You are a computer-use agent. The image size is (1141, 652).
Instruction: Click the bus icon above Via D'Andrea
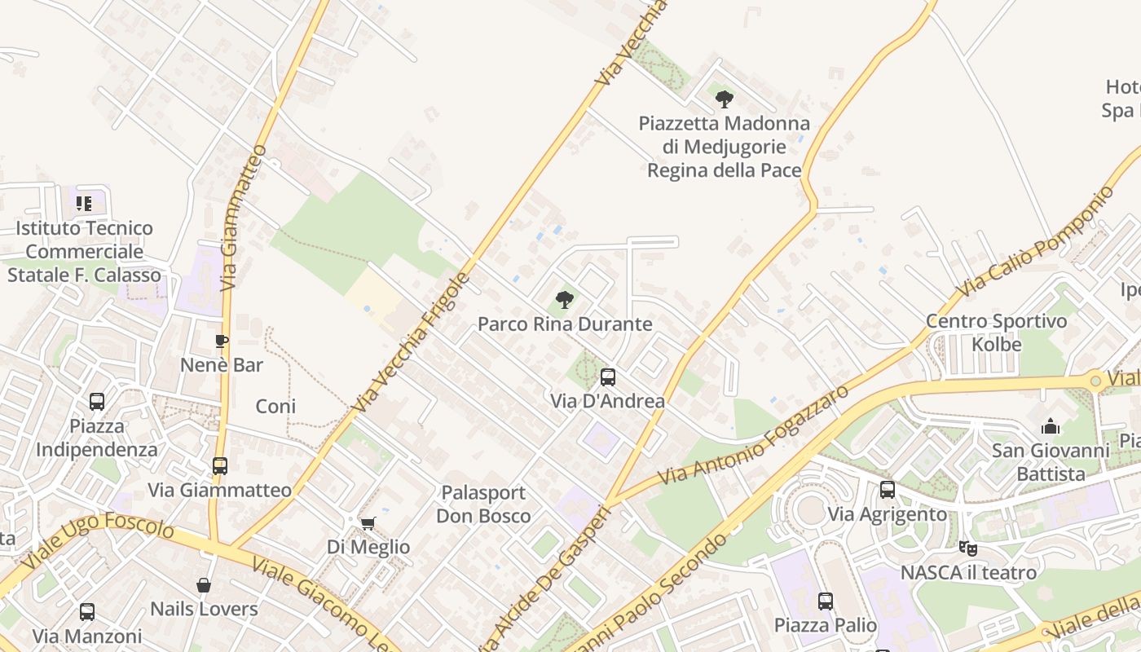[x=608, y=377]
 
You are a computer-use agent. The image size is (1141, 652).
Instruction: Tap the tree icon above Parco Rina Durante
[x=564, y=300]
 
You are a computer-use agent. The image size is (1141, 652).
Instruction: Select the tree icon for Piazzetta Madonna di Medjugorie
[x=724, y=99]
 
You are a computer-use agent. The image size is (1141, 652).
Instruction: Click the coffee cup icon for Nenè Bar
[x=221, y=341]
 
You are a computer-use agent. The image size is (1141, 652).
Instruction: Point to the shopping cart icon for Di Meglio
[x=368, y=522]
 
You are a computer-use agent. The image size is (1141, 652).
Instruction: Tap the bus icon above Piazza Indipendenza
[x=97, y=402]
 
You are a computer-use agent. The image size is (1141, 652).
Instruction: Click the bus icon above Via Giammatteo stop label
[x=219, y=466]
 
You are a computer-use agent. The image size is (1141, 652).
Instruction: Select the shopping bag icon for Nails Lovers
[x=204, y=585]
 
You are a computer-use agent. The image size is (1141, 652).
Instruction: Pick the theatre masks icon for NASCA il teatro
[x=968, y=548]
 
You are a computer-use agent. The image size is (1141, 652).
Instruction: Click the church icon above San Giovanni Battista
[x=1051, y=426]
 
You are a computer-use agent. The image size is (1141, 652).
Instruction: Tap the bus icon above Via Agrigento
[x=888, y=490]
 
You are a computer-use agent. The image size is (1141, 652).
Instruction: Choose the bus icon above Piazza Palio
[x=826, y=601]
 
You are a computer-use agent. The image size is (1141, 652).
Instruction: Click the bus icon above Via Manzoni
[x=87, y=612]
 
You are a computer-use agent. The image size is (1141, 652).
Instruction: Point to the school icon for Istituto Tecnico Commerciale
[x=84, y=204]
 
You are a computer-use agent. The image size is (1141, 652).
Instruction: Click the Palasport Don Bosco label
[x=483, y=504]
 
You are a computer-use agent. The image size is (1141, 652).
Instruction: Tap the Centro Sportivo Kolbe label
[x=996, y=333]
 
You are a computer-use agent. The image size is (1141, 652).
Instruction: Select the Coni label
[x=275, y=406]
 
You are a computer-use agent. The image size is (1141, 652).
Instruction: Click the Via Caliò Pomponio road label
[x=1035, y=242]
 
